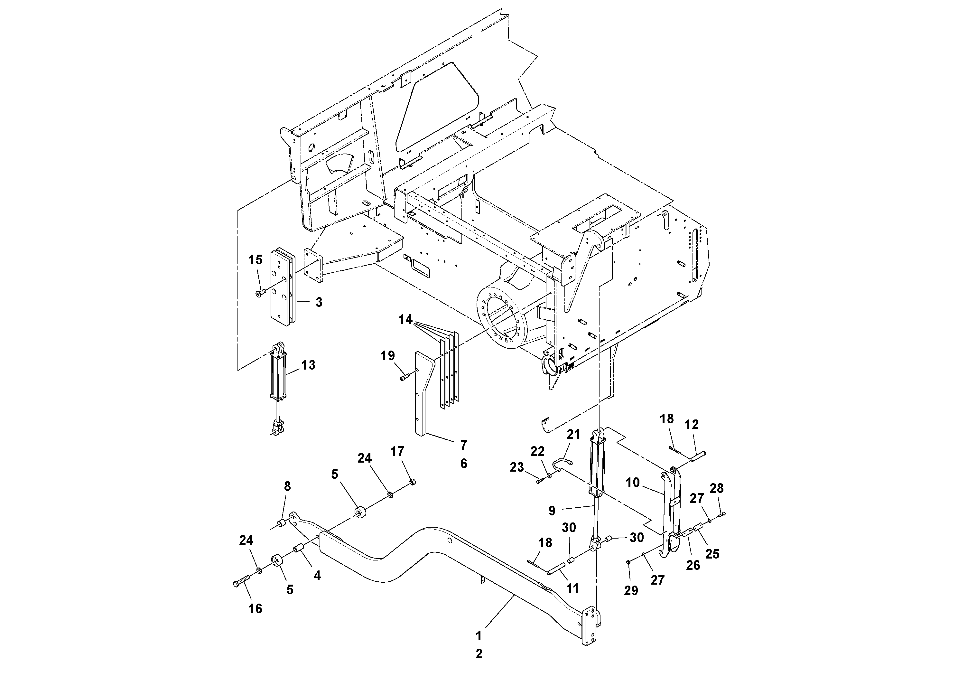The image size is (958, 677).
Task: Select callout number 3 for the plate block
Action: (319, 302)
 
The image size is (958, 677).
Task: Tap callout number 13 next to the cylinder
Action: (308, 365)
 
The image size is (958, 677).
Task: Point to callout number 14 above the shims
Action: (405, 320)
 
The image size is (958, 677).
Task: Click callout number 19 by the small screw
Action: (388, 356)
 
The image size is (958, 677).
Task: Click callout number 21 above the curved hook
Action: (573, 435)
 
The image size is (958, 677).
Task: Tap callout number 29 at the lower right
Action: (631, 591)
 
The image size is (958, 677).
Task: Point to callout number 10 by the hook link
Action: (633, 483)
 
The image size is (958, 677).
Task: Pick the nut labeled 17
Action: (412, 483)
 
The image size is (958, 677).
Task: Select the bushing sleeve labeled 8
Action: (282, 523)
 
